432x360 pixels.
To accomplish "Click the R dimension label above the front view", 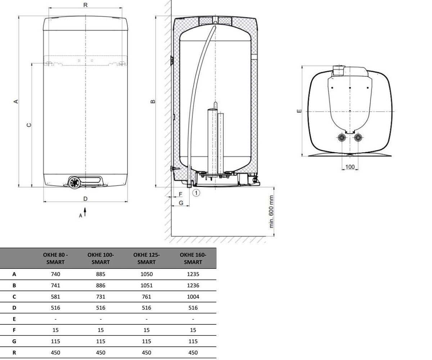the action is [85, 5].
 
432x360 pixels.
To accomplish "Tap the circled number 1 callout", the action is [196, 193].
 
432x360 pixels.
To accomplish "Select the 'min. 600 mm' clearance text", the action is [271, 212].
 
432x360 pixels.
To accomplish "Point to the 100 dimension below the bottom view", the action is [350, 167].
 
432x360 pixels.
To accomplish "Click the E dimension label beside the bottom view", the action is [299, 111].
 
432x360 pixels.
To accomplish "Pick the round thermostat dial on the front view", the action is [74, 183].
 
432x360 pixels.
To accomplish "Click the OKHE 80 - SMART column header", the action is [55, 258].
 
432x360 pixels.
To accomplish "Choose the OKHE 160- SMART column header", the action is [193, 258].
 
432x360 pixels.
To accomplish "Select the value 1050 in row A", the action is [147, 274].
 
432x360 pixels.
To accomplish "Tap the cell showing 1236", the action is [193, 285].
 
